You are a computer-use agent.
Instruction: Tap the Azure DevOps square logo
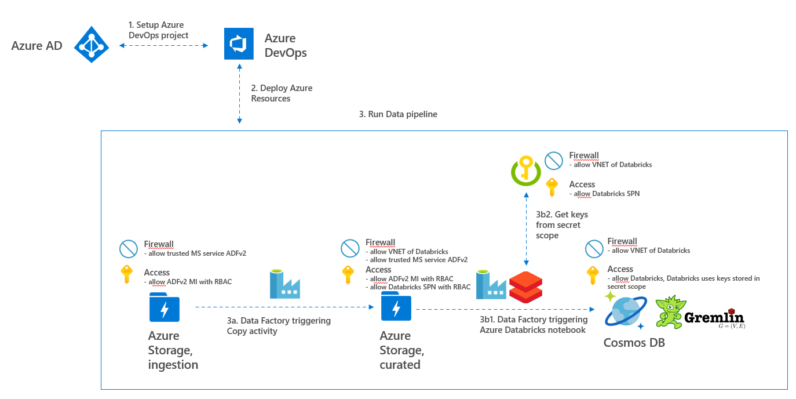pyautogui.click(x=239, y=44)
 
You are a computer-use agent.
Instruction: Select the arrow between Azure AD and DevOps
pyautogui.click(x=163, y=45)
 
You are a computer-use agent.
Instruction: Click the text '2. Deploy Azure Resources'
pyautogui.click(x=282, y=93)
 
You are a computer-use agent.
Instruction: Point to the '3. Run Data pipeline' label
pyautogui.click(x=398, y=114)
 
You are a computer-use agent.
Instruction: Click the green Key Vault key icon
pyautogui.click(x=525, y=170)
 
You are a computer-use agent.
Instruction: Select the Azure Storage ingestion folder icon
pyautogui.click(x=164, y=307)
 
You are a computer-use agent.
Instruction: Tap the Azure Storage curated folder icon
pyautogui.click(x=396, y=307)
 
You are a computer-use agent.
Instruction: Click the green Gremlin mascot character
pyautogui.click(x=670, y=312)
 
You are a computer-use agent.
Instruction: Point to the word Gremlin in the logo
pyautogui.click(x=713, y=318)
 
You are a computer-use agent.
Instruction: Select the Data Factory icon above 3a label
pyautogui.click(x=285, y=284)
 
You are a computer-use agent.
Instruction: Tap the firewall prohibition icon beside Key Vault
pyautogui.click(x=554, y=160)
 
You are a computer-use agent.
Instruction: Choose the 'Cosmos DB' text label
pyautogui.click(x=634, y=343)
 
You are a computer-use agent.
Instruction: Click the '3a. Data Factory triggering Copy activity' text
pyautogui.click(x=278, y=325)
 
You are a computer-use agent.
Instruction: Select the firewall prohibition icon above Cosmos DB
pyautogui.click(x=594, y=248)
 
